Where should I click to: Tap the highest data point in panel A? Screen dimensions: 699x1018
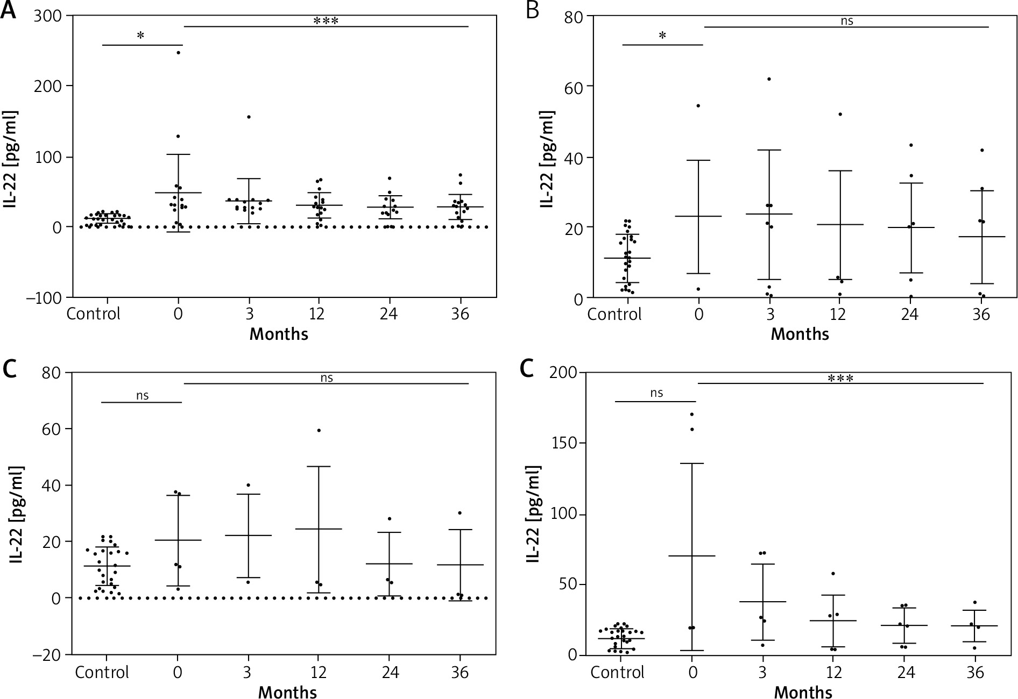[178, 53]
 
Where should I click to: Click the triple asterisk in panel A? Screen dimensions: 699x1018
[326, 22]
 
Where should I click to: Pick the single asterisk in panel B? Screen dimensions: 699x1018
[663, 36]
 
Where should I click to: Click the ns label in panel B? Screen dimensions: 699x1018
[847, 22]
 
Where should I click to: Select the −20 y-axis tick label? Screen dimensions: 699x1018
[48, 655]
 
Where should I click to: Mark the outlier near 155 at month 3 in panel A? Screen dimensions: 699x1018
[249, 117]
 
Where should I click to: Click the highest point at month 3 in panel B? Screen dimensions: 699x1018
[769, 79]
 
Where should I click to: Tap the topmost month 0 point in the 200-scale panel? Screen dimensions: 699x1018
[692, 414]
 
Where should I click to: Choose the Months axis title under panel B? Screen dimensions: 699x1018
[800, 334]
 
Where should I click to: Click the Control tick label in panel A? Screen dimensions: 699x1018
[94, 313]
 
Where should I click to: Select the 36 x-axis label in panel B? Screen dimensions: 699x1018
[981, 314]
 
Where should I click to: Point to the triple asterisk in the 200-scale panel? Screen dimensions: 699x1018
[840, 379]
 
